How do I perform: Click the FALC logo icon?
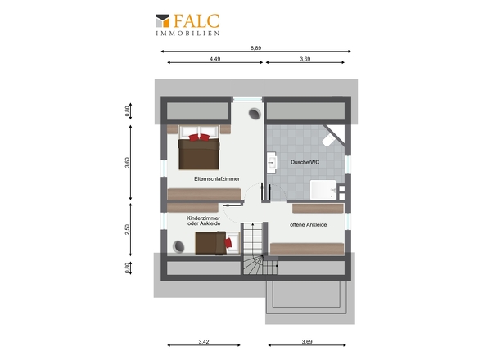(163, 21)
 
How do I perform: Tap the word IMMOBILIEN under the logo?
(187, 34)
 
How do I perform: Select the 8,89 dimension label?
(255, 47)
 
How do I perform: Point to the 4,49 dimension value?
(215, 59)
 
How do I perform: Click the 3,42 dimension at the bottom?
(204, 341)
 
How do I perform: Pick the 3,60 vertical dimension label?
(127, 162)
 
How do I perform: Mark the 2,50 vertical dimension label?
(127, 229)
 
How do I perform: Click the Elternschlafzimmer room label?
(217, 178)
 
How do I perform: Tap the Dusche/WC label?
(305, 162)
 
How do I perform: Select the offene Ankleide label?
(308, 225)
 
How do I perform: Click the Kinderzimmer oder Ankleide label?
(203, 220)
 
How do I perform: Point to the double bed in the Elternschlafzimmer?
(199, 147)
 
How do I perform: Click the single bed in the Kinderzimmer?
(217, 243)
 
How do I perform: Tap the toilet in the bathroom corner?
(328, 140)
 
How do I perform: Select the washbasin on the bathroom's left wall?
(272, 162)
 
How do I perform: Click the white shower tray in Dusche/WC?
(323, 190)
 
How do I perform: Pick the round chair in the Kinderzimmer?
(178, 246)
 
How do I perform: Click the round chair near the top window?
(255, 114)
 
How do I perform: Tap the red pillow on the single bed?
(228, 243)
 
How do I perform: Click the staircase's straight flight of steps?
(253, 239)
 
